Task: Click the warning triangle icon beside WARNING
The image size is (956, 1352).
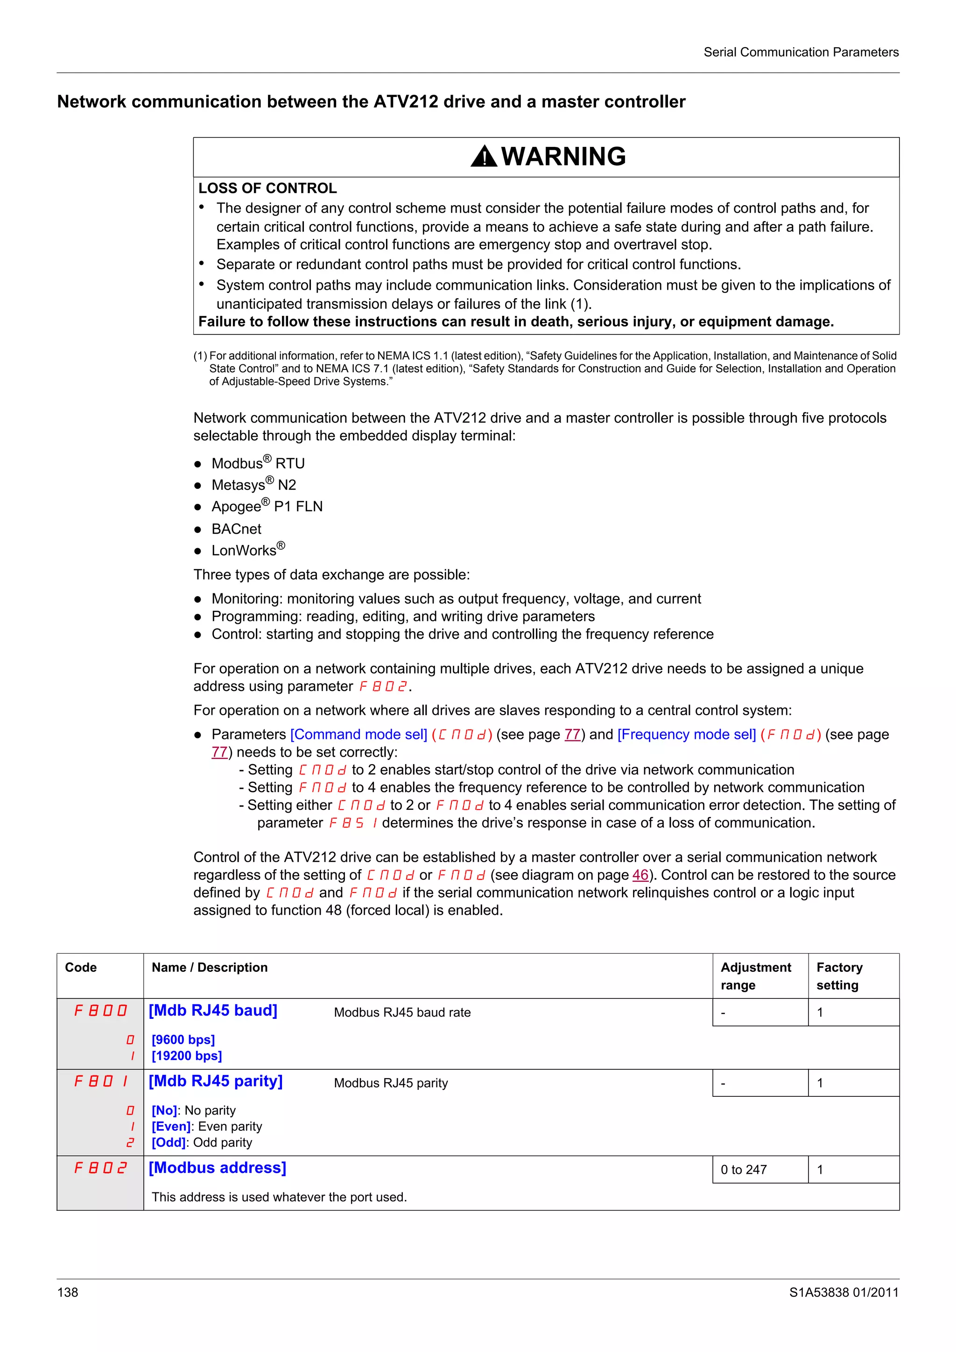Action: click(x=484, y=157)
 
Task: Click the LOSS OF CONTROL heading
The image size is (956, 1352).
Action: click(x=267, y=188)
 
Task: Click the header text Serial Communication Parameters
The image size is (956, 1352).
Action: click(x=801, y=52)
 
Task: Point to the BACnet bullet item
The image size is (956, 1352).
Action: click(x=236, y=529)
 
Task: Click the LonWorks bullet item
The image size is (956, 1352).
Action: click(x=247, y=550)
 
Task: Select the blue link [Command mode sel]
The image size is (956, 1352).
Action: click(x=358, y=734)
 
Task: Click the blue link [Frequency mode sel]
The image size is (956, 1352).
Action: click(x=686, y=734)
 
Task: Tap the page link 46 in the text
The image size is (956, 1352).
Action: click(x=640, y=875)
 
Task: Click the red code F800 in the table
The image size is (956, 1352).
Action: click(x=100, y=1011)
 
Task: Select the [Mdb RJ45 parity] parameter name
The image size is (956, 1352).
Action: click(x=216, y=1081)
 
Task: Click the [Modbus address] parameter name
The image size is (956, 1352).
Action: click(x=218, y=1168)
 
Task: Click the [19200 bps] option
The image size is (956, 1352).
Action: click(x=187, y=1056)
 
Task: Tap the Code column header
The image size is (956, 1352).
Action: click(x=81, y=968)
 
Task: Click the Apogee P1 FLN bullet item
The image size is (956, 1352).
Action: click(x=267, y=506)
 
